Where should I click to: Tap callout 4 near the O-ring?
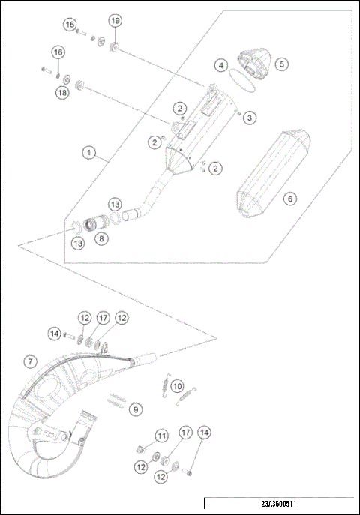click(220, 65)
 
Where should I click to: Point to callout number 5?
click(281, 64)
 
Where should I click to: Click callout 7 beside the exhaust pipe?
click(29, 361)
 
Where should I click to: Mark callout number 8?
click(101, 239)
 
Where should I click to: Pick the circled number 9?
click(134, 409)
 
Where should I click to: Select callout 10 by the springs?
click(177, 386)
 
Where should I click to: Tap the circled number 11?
click(161, 436)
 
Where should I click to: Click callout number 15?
click(70, 25)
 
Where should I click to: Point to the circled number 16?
click(58, 52)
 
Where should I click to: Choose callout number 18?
click(61, 91)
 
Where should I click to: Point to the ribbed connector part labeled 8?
click(96, 223)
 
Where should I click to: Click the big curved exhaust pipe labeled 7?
click(52, 420)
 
